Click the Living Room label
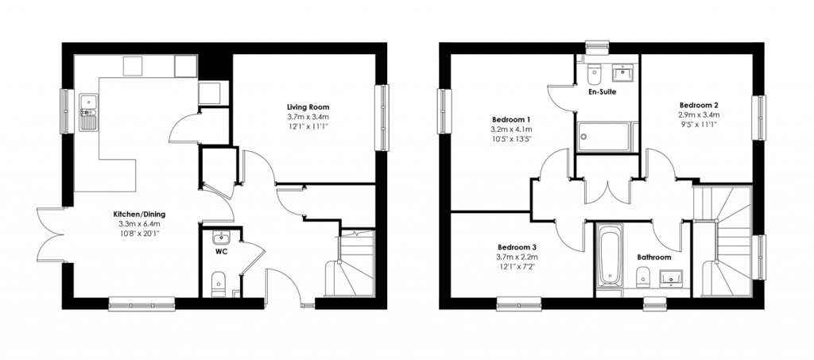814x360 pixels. coord(308,106)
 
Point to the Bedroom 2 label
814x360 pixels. coord(699,105)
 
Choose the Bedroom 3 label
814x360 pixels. coord(517,246)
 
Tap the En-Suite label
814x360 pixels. coord(602,92)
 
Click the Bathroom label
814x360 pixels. coord(653,257)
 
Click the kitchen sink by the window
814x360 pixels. coord(87,112)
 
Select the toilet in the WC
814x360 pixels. coord(219,283)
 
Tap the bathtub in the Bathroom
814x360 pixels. coord(609,258)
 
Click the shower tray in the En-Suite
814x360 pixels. coord(607,136)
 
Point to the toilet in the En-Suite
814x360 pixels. coord(593,76)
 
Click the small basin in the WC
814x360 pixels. coord(220,238)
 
